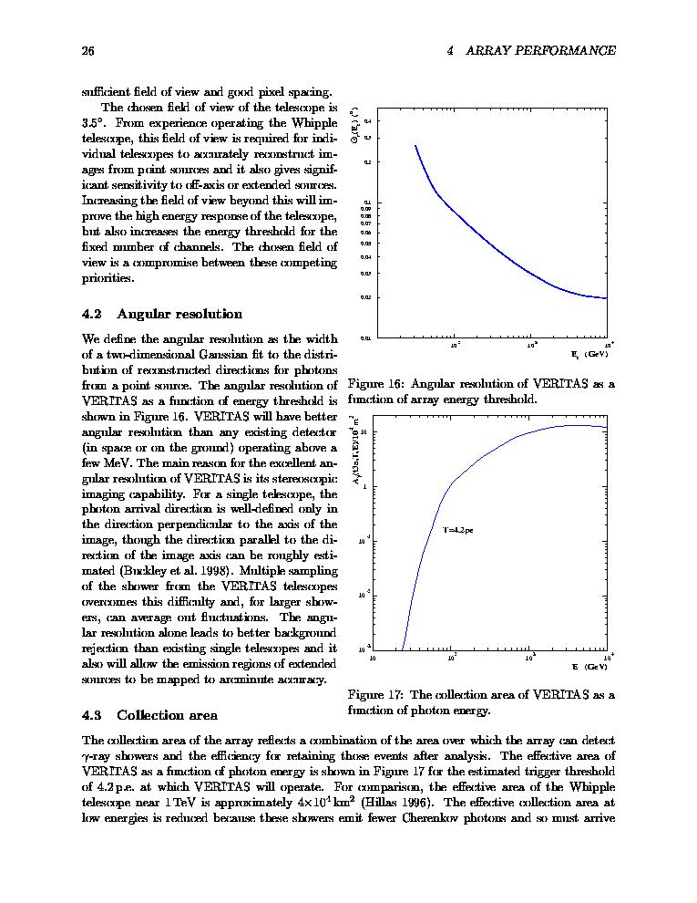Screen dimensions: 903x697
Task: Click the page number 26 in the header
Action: (x=88, y=51)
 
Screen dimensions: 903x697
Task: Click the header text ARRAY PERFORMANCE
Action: (x=540, y=51)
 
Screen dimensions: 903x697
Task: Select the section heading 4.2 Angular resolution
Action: (x=162, y=315)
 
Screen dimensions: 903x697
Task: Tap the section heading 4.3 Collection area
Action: (x=149, y=715)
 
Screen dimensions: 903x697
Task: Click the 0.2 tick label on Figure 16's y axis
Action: (x=367, y=162)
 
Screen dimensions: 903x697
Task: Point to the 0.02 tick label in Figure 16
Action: (x=366, y=297)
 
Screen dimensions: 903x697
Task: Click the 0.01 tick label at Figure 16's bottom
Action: (x=366, y=338)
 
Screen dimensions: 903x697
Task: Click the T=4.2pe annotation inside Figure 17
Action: (x=458, y=529)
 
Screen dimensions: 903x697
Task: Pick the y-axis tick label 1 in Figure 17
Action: (x=365, y=486)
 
